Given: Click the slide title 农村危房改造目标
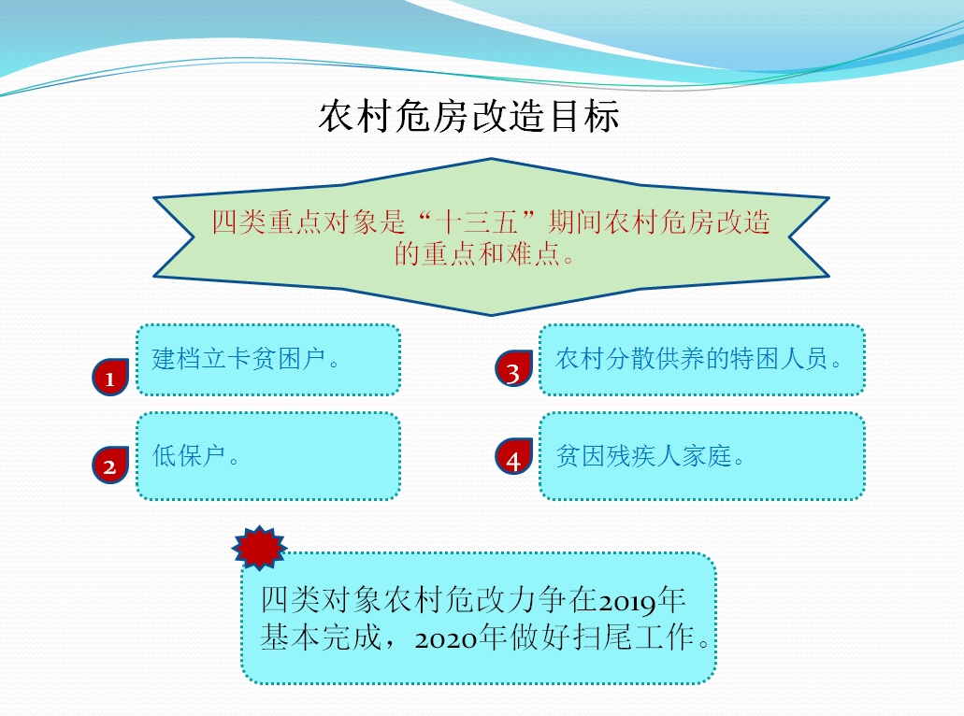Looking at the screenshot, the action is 468,116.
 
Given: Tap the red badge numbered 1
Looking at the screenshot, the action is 110,377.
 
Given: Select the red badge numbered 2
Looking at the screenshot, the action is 110,465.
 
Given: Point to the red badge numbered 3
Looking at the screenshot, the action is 514,369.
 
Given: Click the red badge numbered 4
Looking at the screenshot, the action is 514,457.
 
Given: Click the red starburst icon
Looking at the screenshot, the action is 259,547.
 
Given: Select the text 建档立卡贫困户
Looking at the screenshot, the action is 238,359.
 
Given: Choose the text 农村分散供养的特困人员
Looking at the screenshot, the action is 691,359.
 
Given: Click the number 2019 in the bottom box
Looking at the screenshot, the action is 627,602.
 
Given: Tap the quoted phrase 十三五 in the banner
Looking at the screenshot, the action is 477,222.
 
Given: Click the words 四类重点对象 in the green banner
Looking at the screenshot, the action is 281,222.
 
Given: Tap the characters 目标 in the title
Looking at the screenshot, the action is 583,116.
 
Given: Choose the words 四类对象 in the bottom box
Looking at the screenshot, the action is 321,600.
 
